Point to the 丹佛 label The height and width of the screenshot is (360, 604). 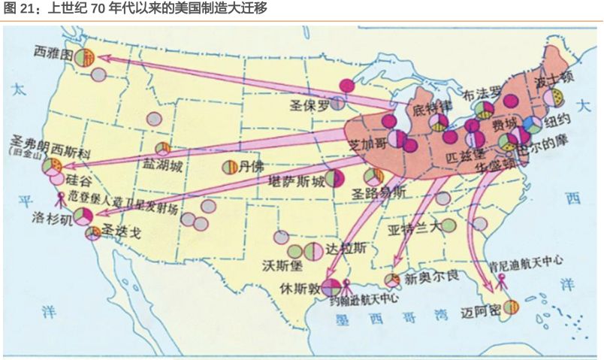pos(251,167)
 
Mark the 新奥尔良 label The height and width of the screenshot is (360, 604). pos(431,278)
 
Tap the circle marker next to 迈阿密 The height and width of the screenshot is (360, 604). pos(511,307)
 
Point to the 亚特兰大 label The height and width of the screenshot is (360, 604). pos(413,228)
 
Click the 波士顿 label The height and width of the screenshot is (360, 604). pos(554,77)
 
